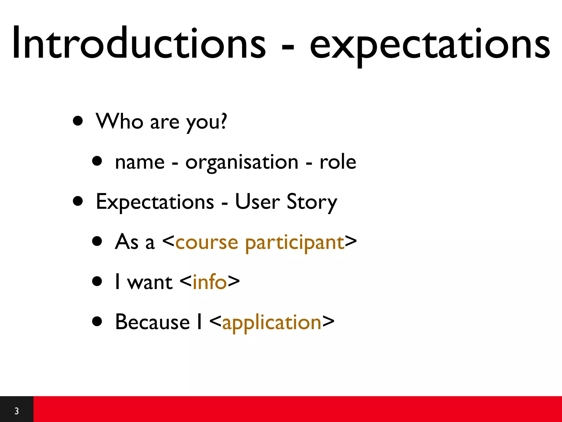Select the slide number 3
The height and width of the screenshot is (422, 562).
click(16, 411)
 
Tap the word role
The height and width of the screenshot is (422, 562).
click(338, 162)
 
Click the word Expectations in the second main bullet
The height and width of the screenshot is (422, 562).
click(155, 202)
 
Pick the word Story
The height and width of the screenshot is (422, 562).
click(312, 202)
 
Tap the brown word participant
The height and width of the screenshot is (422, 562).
click(295, 243)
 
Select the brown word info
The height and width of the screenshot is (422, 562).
click(210, 282)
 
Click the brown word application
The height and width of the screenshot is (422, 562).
click(272, 323)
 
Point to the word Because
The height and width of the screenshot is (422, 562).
click(152, 322)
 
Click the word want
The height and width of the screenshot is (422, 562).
click(150, 283)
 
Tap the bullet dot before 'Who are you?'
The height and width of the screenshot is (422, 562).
click(78, 121)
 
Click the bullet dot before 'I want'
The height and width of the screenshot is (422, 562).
click(97, 282)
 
